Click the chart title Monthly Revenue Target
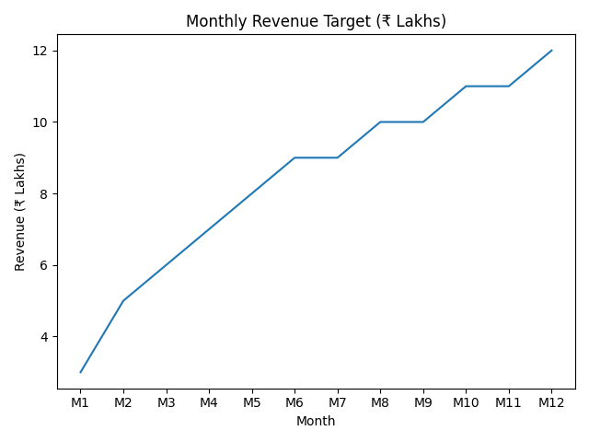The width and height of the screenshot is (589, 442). (316, 21)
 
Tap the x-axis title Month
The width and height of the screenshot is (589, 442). (316, 422)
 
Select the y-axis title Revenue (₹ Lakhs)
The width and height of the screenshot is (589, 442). (20, 212)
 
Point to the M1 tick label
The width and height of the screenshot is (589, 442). (81, 402)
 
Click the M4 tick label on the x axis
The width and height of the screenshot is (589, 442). (209, 402)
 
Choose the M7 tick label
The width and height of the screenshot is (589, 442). (338, 402)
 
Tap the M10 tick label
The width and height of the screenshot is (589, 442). (466, 402)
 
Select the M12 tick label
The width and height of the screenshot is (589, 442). (551, 402)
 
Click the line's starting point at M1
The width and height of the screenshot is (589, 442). (81, 372)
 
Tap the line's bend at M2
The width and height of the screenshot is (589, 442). (123, 300)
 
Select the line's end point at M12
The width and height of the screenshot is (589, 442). (551, 51)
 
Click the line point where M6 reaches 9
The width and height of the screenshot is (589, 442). (294, 157)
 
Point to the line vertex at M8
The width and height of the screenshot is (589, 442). (380, 122)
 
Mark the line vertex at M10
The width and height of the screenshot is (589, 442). (466, 87)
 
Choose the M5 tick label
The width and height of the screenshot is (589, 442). (252, 402)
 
